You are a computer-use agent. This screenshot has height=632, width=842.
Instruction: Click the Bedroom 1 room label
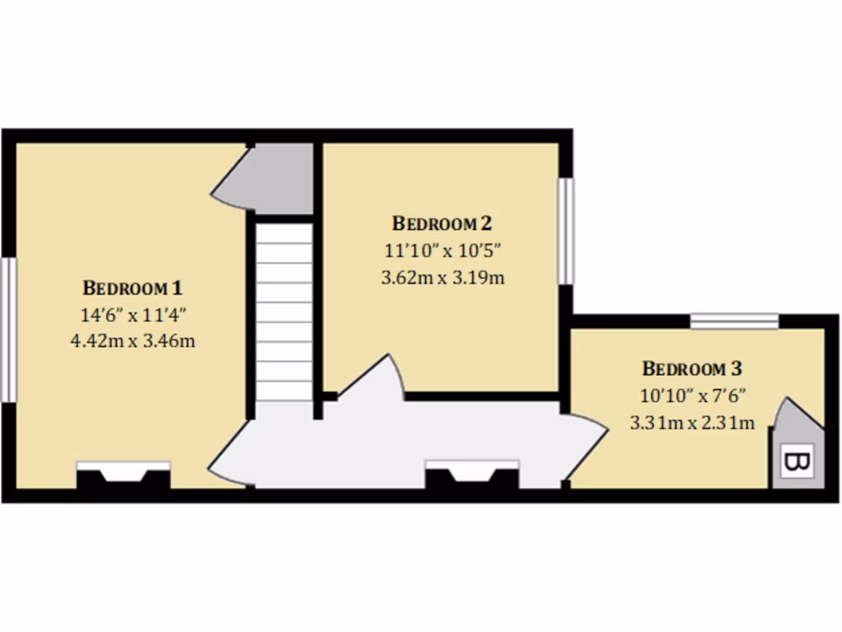(x=132, y=288)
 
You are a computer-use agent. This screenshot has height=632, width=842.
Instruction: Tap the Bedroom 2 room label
(x=442, y=223)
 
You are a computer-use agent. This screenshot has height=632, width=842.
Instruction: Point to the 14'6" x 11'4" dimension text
(x=132, y=314)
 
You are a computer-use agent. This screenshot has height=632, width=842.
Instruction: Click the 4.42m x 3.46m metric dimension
(x=132, y=340)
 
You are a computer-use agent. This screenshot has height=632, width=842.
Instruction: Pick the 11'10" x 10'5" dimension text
(x=442, y=249)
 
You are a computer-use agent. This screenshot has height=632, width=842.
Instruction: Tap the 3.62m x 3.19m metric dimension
(x=442, y=276)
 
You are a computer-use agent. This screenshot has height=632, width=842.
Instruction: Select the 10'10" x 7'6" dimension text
(x=692, y=396)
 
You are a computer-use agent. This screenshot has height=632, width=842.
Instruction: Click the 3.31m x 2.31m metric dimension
(x=692, y=423)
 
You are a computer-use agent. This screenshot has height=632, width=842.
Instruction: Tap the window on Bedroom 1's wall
(x=8, y=329)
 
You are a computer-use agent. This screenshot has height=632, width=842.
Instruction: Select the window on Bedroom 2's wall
(x=567, y=231)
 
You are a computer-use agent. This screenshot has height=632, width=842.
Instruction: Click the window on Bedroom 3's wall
(x=733, y=320)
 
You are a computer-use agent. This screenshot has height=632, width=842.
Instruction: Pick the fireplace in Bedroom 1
(x=123, y=475)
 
